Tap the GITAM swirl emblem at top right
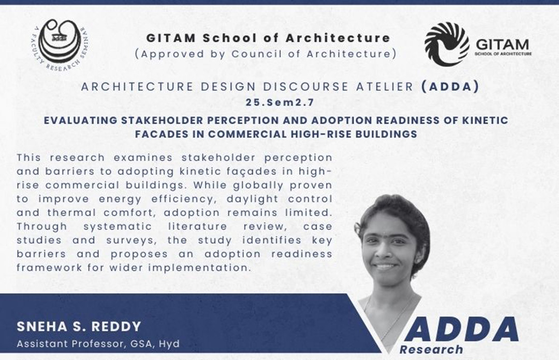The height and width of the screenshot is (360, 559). coord(447,44)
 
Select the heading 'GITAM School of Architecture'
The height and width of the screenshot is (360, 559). coord(268,38)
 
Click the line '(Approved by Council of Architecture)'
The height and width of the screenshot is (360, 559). coord(266,53)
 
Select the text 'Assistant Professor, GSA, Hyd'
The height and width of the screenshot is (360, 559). coord(98,343)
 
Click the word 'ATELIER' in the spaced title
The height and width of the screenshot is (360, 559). coord(382,87)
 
